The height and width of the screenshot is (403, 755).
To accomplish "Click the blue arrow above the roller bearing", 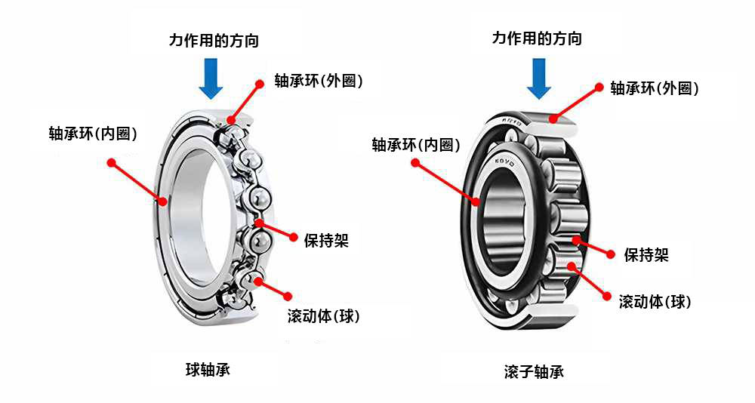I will (538, 79).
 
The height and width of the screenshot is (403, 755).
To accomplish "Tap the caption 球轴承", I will (208, 369).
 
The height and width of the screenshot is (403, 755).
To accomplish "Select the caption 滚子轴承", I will (534, 371).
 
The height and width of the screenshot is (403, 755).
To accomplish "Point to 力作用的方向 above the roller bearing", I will (537, 38).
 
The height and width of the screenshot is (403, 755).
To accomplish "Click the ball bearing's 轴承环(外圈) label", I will (319, 81).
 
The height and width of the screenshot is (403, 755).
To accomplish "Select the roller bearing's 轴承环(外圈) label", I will (654, 88).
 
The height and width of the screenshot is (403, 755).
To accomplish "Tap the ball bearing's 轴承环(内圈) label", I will (93, 134).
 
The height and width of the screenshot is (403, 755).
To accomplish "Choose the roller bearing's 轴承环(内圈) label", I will (416, 145).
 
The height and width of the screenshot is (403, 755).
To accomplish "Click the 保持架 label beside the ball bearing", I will (326, 241).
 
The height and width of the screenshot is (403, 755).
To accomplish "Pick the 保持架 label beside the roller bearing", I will (646, 255).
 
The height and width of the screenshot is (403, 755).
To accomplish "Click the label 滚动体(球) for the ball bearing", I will (323, 315).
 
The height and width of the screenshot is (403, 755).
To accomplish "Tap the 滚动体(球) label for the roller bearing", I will (655, 302).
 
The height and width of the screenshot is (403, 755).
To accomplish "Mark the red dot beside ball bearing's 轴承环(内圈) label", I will (111, 162).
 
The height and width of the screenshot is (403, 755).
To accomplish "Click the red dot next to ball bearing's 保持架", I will (293, 237).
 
